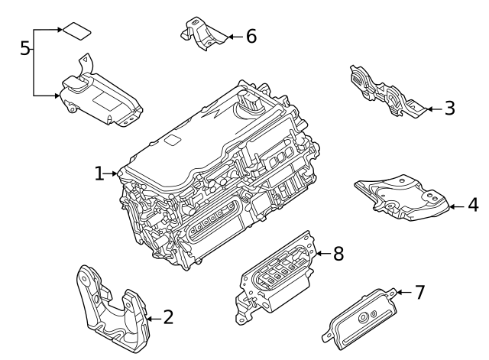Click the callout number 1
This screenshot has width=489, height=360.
pos(99,174)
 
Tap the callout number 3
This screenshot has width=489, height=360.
pos(449,109)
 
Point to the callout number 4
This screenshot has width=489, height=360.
pos(473,205)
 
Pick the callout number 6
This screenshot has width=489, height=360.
pos(251,36)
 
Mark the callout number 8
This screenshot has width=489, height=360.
pos(339,252)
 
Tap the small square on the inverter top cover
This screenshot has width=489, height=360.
pos(173,141)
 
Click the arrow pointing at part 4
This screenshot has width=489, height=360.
pos(455,205)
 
